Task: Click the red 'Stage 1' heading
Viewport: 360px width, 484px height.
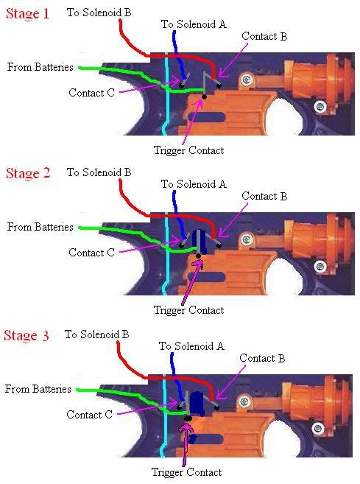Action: [27, 14]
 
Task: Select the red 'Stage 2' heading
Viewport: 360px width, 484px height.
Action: [28, 173]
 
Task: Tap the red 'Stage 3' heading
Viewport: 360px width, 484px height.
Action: [27, 335]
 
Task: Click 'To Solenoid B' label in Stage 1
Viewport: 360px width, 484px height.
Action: [99, 13]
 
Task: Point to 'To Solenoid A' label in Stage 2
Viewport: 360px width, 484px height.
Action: [194, 184]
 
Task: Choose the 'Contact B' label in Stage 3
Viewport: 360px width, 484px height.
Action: [262, 358]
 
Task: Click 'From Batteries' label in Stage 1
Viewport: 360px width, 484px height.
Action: [40, 67]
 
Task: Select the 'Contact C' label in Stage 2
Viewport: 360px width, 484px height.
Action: [91, 253]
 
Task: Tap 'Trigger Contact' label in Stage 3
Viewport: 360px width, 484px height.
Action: [187, 472]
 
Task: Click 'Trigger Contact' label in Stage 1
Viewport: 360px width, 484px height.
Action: [188, 150]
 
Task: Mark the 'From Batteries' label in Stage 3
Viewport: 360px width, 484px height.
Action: [38, 389]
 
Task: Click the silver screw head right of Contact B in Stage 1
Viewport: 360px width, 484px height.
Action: [246, 80]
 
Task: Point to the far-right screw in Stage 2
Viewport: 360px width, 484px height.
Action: [320, 267]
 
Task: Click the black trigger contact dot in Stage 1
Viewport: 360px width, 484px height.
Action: [204, 97]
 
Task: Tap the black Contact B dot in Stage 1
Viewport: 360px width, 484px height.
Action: [219, 85]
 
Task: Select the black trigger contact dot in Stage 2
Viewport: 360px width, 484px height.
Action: [198, 256]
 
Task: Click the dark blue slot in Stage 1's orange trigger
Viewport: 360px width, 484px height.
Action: [206, 117]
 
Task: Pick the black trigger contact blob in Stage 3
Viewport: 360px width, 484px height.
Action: [188, 418]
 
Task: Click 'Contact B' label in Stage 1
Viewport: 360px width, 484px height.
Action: [264, 36]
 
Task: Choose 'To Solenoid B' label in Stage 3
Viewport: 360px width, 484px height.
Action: [96, 334]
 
